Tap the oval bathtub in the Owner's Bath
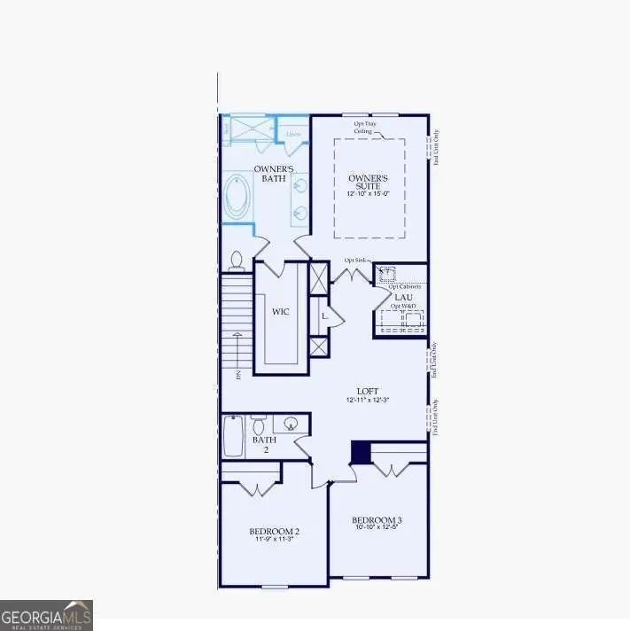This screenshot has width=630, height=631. point(237,197)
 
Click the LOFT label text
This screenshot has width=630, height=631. point(368,391)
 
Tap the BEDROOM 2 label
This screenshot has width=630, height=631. point(275,531)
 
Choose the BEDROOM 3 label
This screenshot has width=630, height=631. point(377,519)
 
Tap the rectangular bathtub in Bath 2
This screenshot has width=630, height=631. point(233,437)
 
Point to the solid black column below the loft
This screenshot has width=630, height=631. point(361,452)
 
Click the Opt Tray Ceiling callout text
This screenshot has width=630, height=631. point(365,129)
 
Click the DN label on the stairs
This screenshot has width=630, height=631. point(238,375)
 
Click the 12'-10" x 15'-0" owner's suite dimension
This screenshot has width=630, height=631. point(369,193)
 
